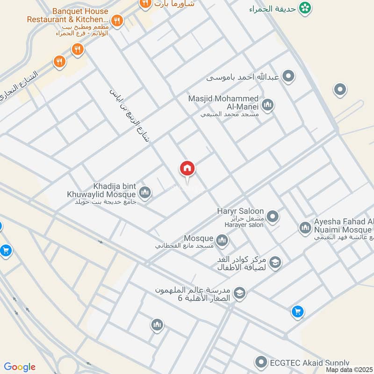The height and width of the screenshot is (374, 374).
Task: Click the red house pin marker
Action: pos(187,169)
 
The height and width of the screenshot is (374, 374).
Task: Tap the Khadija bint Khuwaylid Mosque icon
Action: pos(145,192)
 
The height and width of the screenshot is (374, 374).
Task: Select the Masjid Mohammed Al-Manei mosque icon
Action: pos(268,105)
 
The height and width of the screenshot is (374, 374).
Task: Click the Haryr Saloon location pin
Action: pos(273,216)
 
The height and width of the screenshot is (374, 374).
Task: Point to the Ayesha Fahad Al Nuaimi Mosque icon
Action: pos(305,228)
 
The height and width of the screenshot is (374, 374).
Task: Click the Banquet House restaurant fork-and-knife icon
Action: pos(117,20)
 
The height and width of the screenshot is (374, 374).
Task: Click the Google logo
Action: pos(20,367)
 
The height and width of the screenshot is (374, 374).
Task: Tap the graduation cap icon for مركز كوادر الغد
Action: pos(276,263)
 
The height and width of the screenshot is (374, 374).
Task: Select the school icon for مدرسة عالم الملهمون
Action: pos(240,293)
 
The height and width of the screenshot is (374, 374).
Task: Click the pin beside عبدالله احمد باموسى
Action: pos(289,76)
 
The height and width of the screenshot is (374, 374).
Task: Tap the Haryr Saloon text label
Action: pos(240,211)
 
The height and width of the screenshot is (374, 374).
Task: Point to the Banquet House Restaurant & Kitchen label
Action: pos(67,15)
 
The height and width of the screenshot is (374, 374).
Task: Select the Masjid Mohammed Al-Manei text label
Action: pos(223,102)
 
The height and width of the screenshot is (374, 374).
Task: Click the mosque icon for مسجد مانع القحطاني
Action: pos(222,240)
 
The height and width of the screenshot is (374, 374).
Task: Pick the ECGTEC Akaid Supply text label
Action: pos(309,363)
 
